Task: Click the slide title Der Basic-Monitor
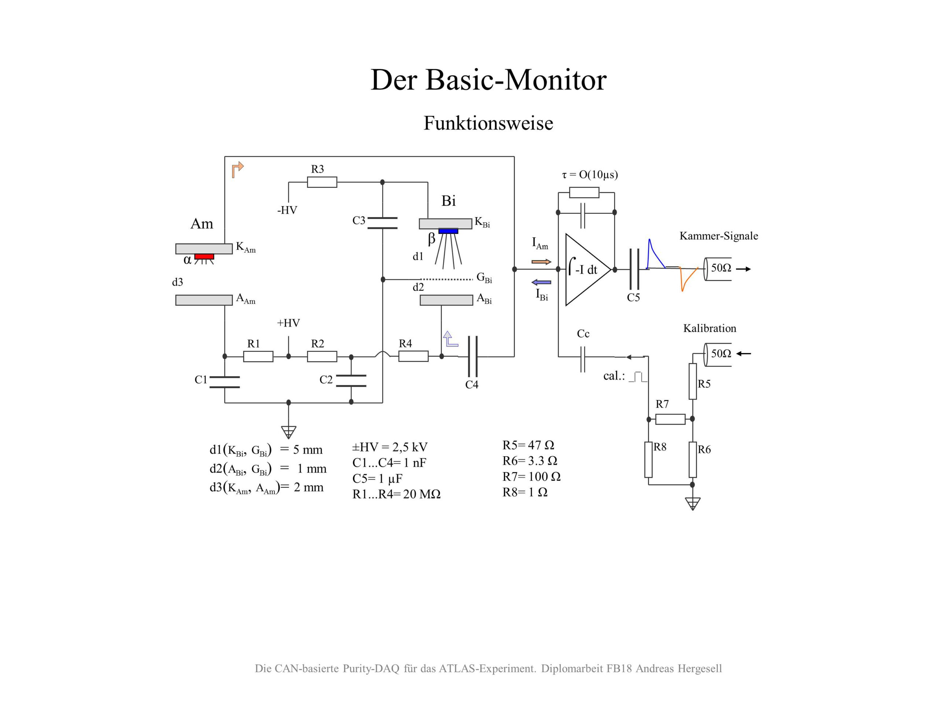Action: point(488,80)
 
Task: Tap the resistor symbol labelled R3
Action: point(322,182)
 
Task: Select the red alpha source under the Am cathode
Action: point(204,256)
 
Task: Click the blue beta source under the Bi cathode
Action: point(448,231)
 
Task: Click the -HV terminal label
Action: point(287,210)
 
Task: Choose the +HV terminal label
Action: point(288,323)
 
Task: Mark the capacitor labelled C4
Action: point(473,356)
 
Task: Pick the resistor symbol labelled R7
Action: point(670,419)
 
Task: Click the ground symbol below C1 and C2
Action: point(288,432)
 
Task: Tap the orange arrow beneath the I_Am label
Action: point(541,262)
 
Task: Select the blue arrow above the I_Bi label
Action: point(541,282)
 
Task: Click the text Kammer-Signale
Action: point(719,236)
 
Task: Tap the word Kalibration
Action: point(709,328)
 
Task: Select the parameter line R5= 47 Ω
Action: point(528,445)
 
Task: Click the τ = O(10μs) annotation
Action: point(590,175)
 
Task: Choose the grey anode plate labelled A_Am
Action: point(204,300)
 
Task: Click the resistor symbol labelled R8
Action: point(649,460)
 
